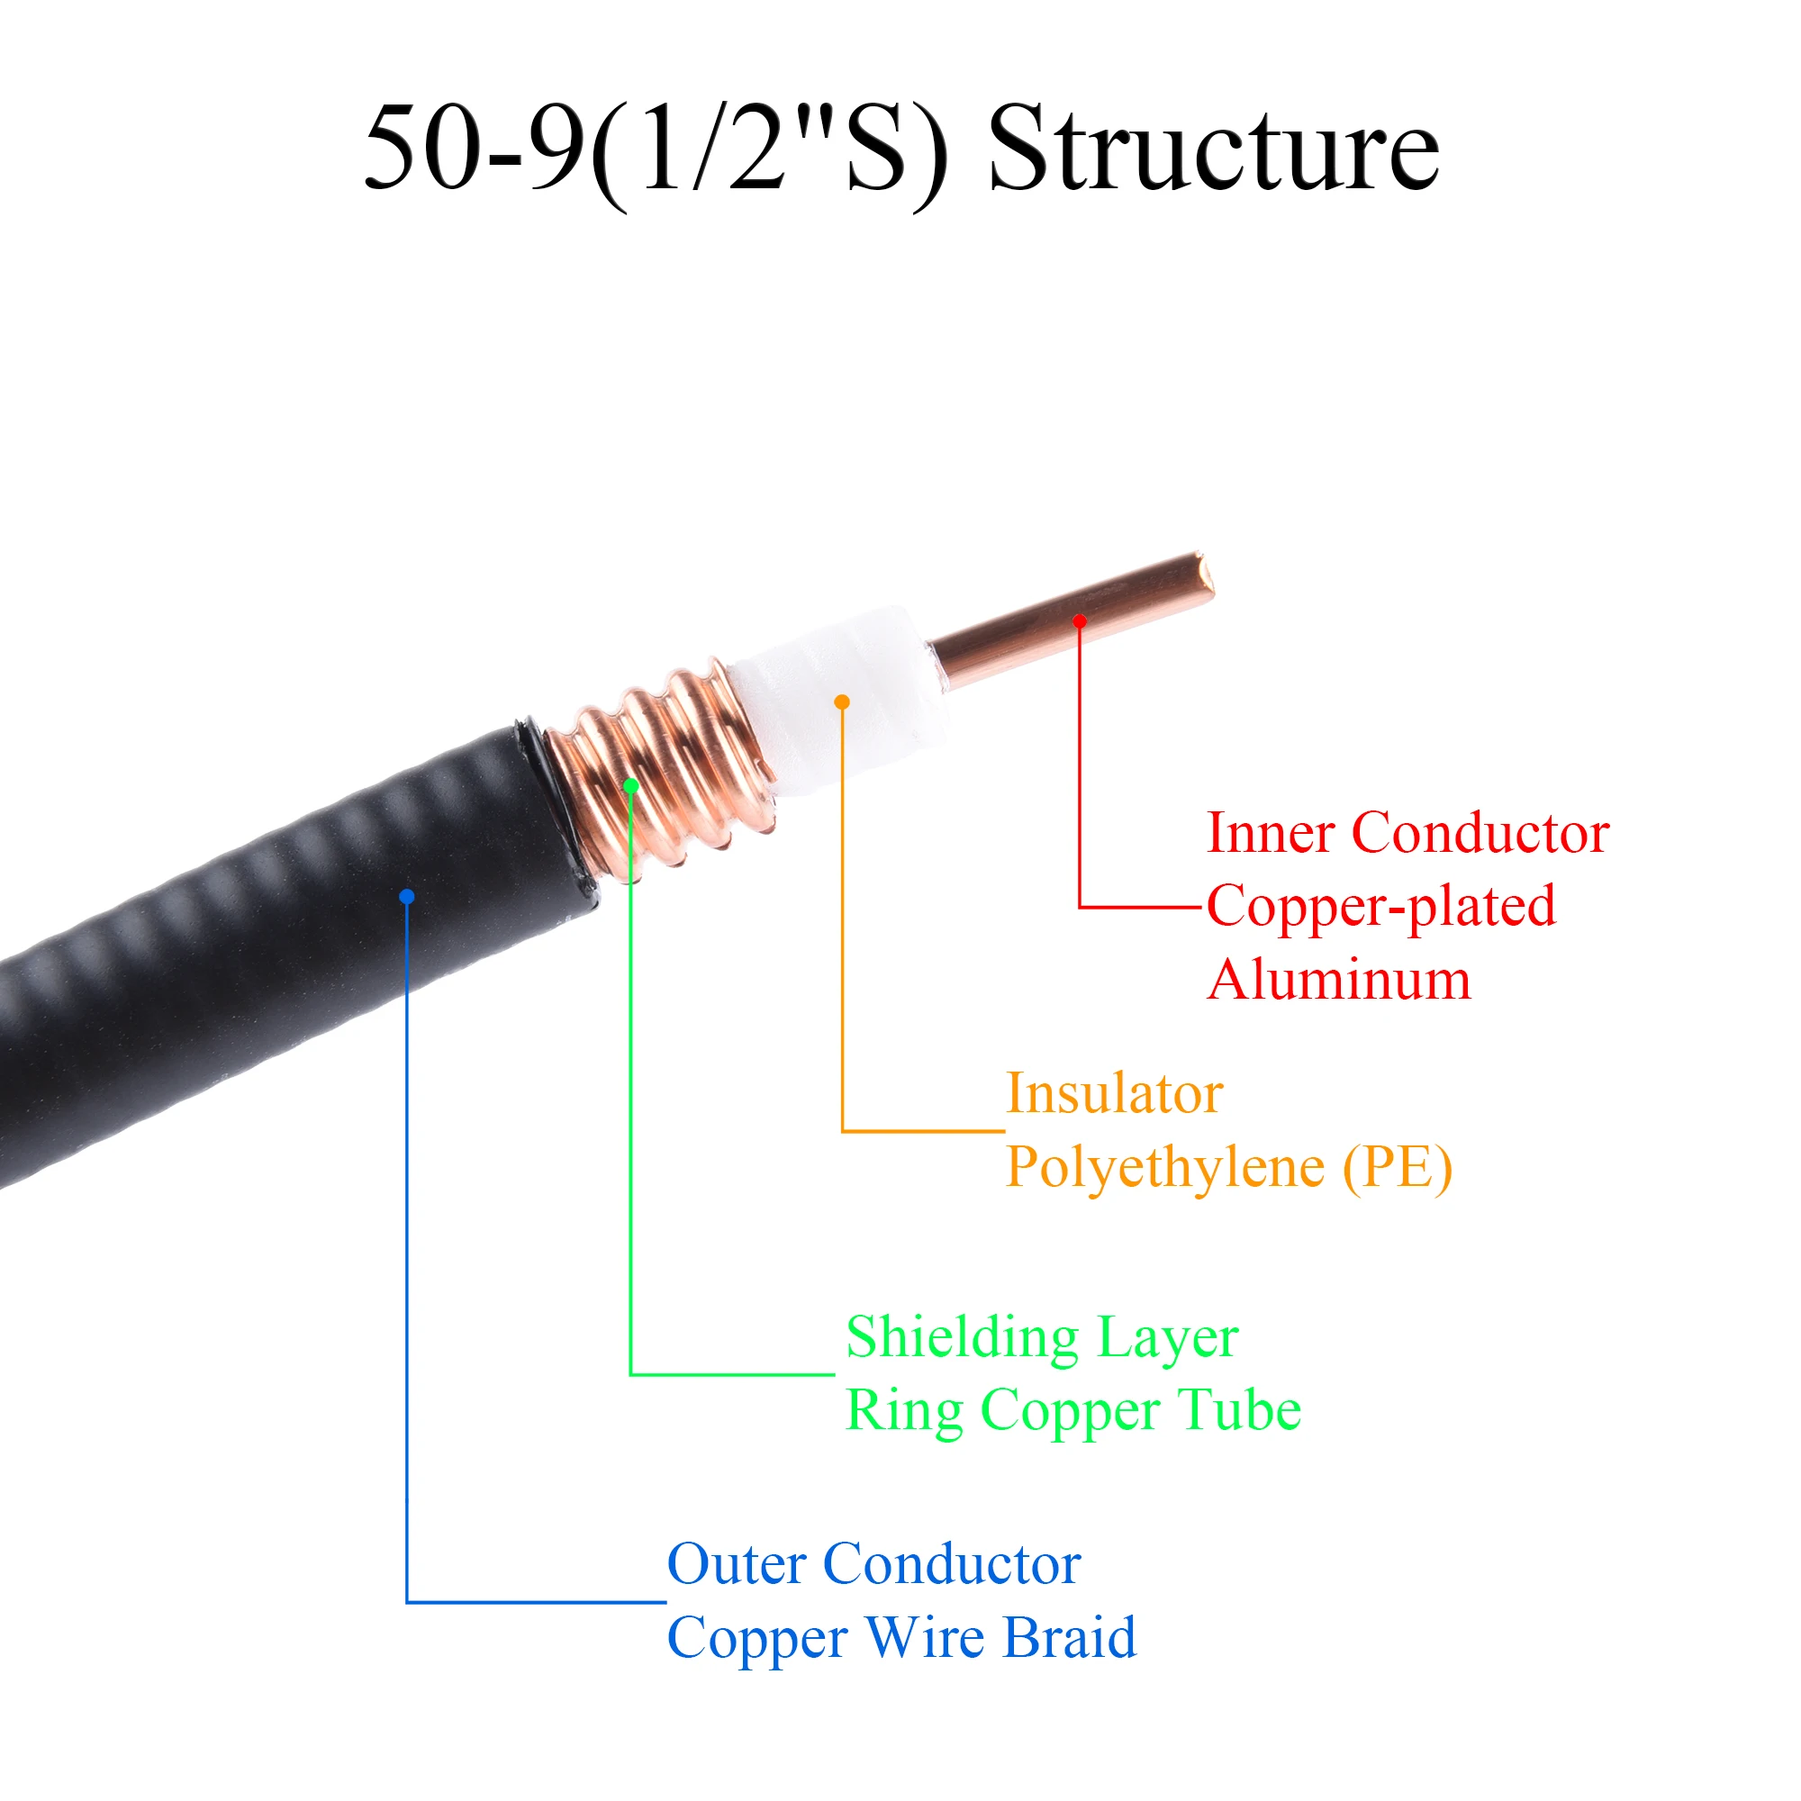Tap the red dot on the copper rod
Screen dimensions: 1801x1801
[x=1080, y=620]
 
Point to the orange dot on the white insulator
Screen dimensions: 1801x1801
[x=842, y=702]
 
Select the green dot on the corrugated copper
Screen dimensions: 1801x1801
[x=631, y=786]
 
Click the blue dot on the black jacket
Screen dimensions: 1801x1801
[x=406, y=897]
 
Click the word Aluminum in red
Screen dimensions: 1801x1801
[x=1339, y=981]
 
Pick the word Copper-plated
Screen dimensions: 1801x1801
[x=1380, y=907]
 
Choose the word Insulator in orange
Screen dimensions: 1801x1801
[x=1114, y=1093]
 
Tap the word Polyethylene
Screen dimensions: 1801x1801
[x=1164, y=1168]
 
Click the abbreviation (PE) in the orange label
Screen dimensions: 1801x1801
[x=1397, y=1168]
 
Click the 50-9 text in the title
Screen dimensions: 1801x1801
[x=474, y=149]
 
